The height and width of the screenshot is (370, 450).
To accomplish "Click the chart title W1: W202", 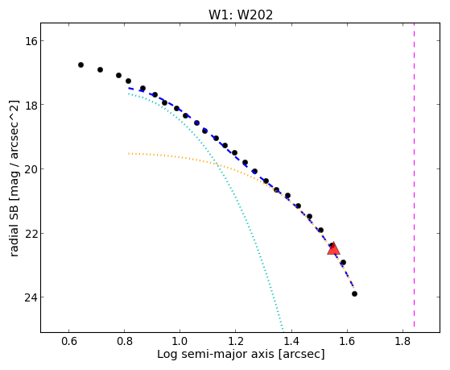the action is click(x=241, y=15).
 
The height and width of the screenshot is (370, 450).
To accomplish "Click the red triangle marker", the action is click(x=333, y=248).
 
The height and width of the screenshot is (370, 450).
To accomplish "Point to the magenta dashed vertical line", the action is click(x=414, y=175).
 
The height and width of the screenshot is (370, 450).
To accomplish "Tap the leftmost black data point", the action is click(x=81, y=65).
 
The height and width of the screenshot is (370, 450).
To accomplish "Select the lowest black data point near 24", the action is click(x=354, y=293).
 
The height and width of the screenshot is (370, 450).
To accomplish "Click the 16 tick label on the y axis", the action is click(x=31, y=41).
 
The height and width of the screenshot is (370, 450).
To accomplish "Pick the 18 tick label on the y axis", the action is click(x=31, y=104).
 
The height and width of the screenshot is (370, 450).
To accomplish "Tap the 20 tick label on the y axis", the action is click(x=31, y=168).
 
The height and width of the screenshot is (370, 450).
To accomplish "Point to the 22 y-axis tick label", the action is click(x=31, y=233).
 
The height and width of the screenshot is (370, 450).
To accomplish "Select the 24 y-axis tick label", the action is click(x=31, y=297).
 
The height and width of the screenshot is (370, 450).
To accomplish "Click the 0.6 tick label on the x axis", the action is click(x=68, y=341).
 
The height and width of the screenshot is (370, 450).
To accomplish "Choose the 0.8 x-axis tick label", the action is click(x=124, y=341).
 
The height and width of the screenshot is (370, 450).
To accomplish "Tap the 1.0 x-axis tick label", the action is click(x=180, y=341).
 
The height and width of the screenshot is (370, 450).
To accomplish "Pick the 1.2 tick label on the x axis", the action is click(x=236, y=341).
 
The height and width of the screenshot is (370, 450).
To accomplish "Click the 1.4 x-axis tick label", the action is click(x=291, y=341).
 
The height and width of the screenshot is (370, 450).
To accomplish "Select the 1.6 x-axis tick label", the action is click(x=347, y=341).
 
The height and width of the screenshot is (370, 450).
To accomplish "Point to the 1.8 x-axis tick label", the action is click(x=403, y=341).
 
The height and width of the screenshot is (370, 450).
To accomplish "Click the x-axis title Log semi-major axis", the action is click(x=216, y=354).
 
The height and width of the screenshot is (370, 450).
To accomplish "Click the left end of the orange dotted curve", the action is click(x=129, y=153).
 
